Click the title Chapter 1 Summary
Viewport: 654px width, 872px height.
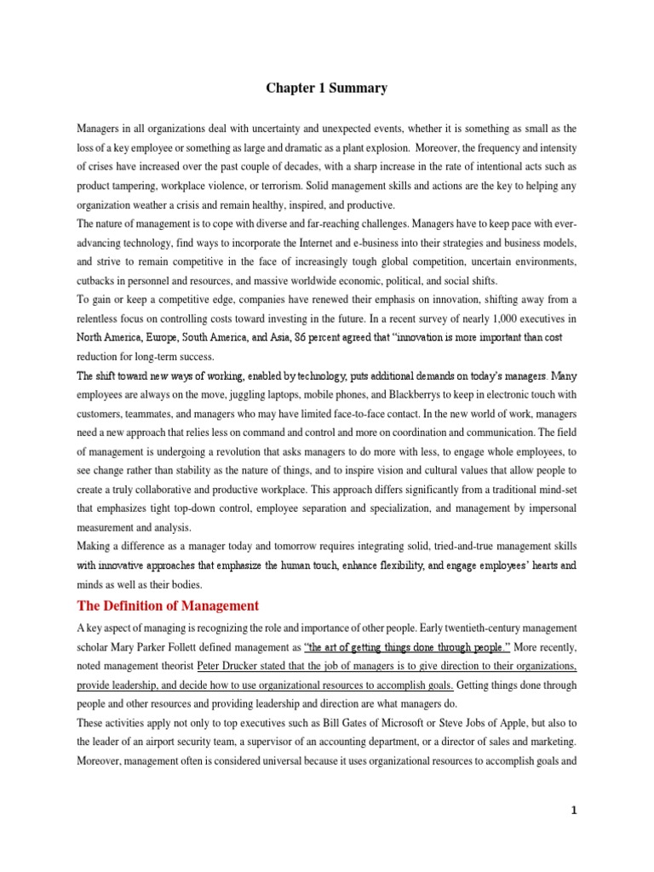326,88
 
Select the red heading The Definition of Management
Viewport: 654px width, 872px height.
167,605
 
